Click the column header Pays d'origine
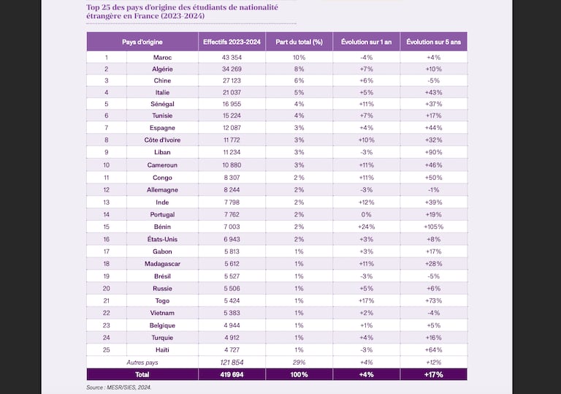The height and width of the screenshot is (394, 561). point(142,42)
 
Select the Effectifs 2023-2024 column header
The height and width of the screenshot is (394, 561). point(232,42)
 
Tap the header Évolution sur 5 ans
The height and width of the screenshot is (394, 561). point(434,42)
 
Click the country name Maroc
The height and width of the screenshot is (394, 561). point(162,57)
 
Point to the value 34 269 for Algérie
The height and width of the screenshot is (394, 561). point(232,69)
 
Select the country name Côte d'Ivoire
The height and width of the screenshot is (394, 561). point(162,140)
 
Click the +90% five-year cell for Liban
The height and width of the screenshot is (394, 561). point(434,152)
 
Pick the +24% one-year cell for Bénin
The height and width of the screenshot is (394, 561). point(367,227)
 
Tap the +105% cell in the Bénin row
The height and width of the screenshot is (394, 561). point(434,227)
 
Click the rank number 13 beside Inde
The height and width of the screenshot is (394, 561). point(106,202)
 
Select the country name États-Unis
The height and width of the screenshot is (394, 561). point(162,239)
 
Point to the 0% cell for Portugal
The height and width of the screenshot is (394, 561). point(367,215)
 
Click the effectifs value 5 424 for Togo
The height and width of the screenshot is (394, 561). point(232,301)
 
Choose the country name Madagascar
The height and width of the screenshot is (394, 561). point(162,264)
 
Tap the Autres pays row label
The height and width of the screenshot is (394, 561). point(142,363)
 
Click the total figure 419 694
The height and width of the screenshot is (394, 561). point(232,375)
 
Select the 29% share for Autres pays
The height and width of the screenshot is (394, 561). point(299,363)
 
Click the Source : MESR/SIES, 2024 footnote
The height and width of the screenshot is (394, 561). point(119,387)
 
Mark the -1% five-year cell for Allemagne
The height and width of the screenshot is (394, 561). point(434,190)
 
